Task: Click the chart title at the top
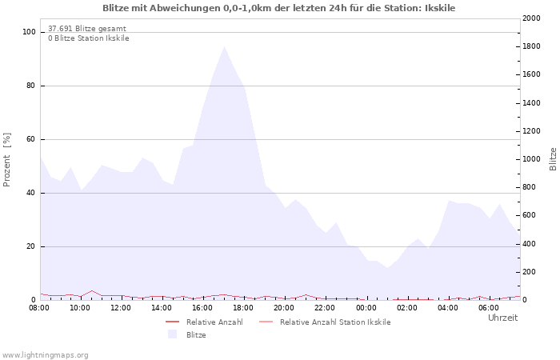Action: click(x=279, y=8)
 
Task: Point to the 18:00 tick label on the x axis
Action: click(x=243, y=308)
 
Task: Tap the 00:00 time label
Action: click(x=366, y=308)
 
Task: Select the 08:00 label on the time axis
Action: click(x=39, y=308)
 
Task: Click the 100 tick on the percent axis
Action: click(x=29, y=32)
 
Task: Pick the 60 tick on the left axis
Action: click(x=30, y=139)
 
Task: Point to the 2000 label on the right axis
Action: click(x=531, y=18)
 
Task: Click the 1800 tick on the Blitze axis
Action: click(x=531, y=46)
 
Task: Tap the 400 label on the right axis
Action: click(x=530, y=244)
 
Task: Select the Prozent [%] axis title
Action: click(x=6, y=160)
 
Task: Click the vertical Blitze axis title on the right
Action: click(x=553, y=159)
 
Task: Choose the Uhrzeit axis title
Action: click(x=502, y=318)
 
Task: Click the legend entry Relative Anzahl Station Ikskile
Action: click(x=335, y=322)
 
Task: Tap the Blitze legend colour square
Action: click(x=173, y=334)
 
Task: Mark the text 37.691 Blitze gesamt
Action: click(x=87, y=29)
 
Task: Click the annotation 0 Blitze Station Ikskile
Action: click(x=89, y=38)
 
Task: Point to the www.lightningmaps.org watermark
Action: click(x=44, y=355)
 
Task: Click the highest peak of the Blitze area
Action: click(x=224, y=46)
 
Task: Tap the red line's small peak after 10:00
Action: click(x=92, y=290)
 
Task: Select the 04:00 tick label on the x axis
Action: click(x=448, y=308)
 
